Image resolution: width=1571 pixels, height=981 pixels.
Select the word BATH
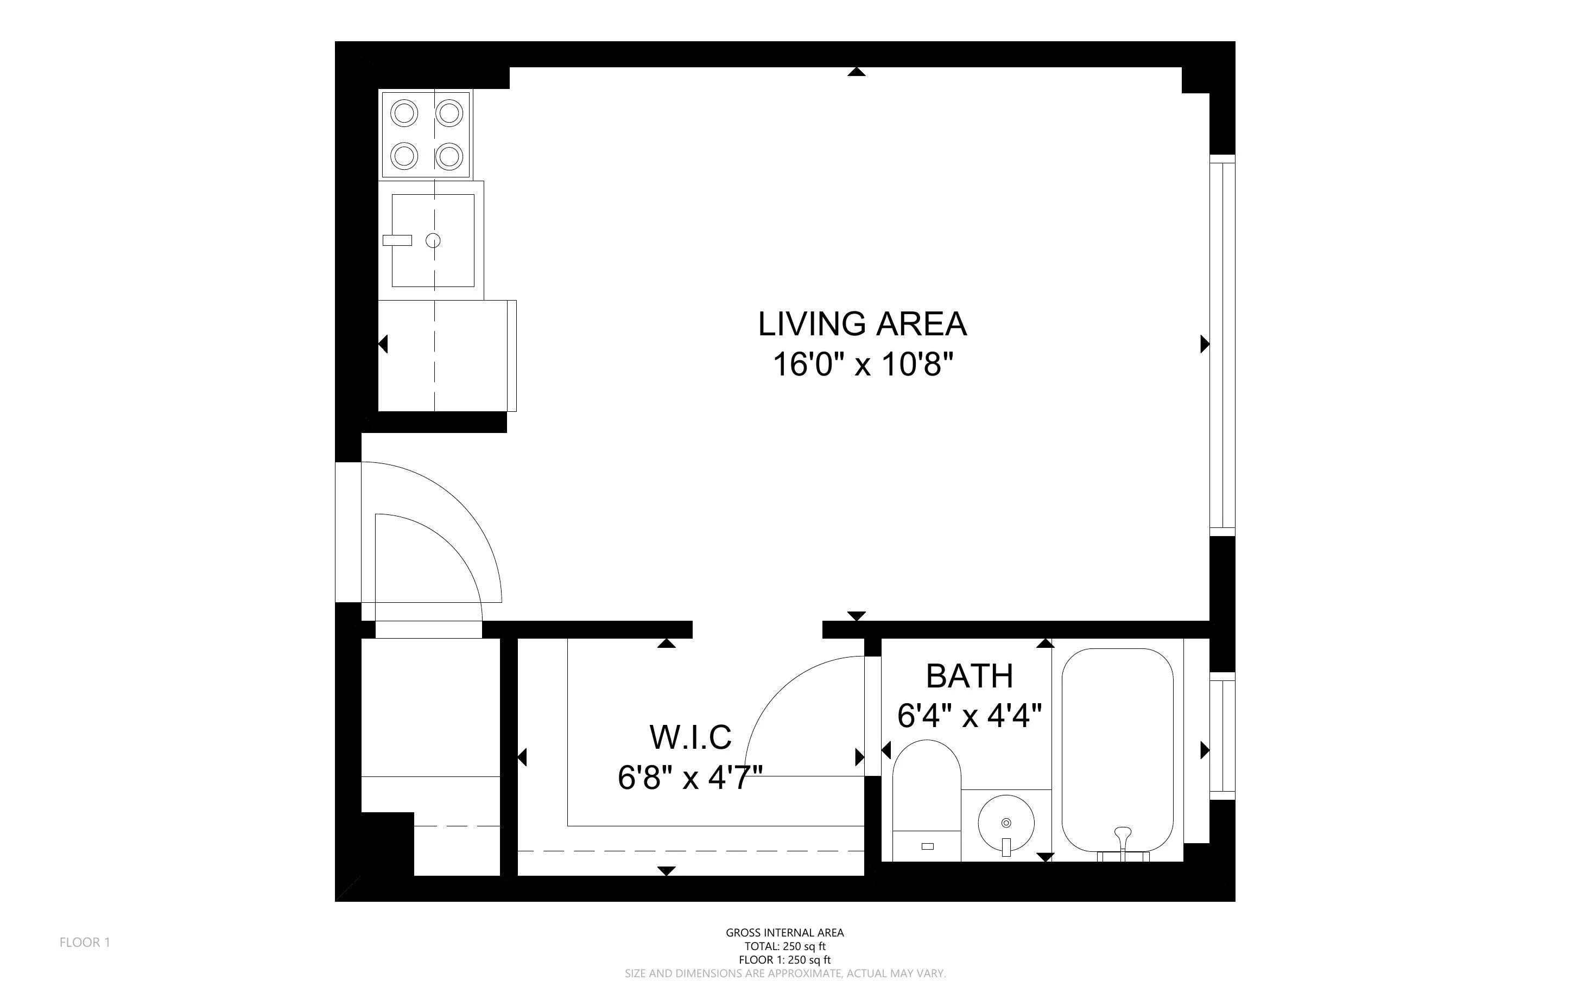tap(969, 676)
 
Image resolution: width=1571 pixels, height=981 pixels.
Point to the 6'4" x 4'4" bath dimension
tap(969, 716)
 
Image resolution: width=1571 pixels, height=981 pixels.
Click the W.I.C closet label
tap(691, 737)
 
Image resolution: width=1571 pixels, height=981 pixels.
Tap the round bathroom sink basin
tap(1006, 824)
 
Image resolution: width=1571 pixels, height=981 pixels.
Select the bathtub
tap(1117, 746)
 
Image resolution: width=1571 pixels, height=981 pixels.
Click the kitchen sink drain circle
tap(433, 241)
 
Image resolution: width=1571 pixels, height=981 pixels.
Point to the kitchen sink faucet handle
tap(397, 240)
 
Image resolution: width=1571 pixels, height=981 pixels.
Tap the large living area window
tap(1222, 345)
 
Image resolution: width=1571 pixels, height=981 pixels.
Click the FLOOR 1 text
tap(85, 942)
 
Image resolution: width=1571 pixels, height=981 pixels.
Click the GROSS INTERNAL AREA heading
tap(784, 933)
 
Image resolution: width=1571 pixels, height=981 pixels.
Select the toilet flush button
tap(927, 846)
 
